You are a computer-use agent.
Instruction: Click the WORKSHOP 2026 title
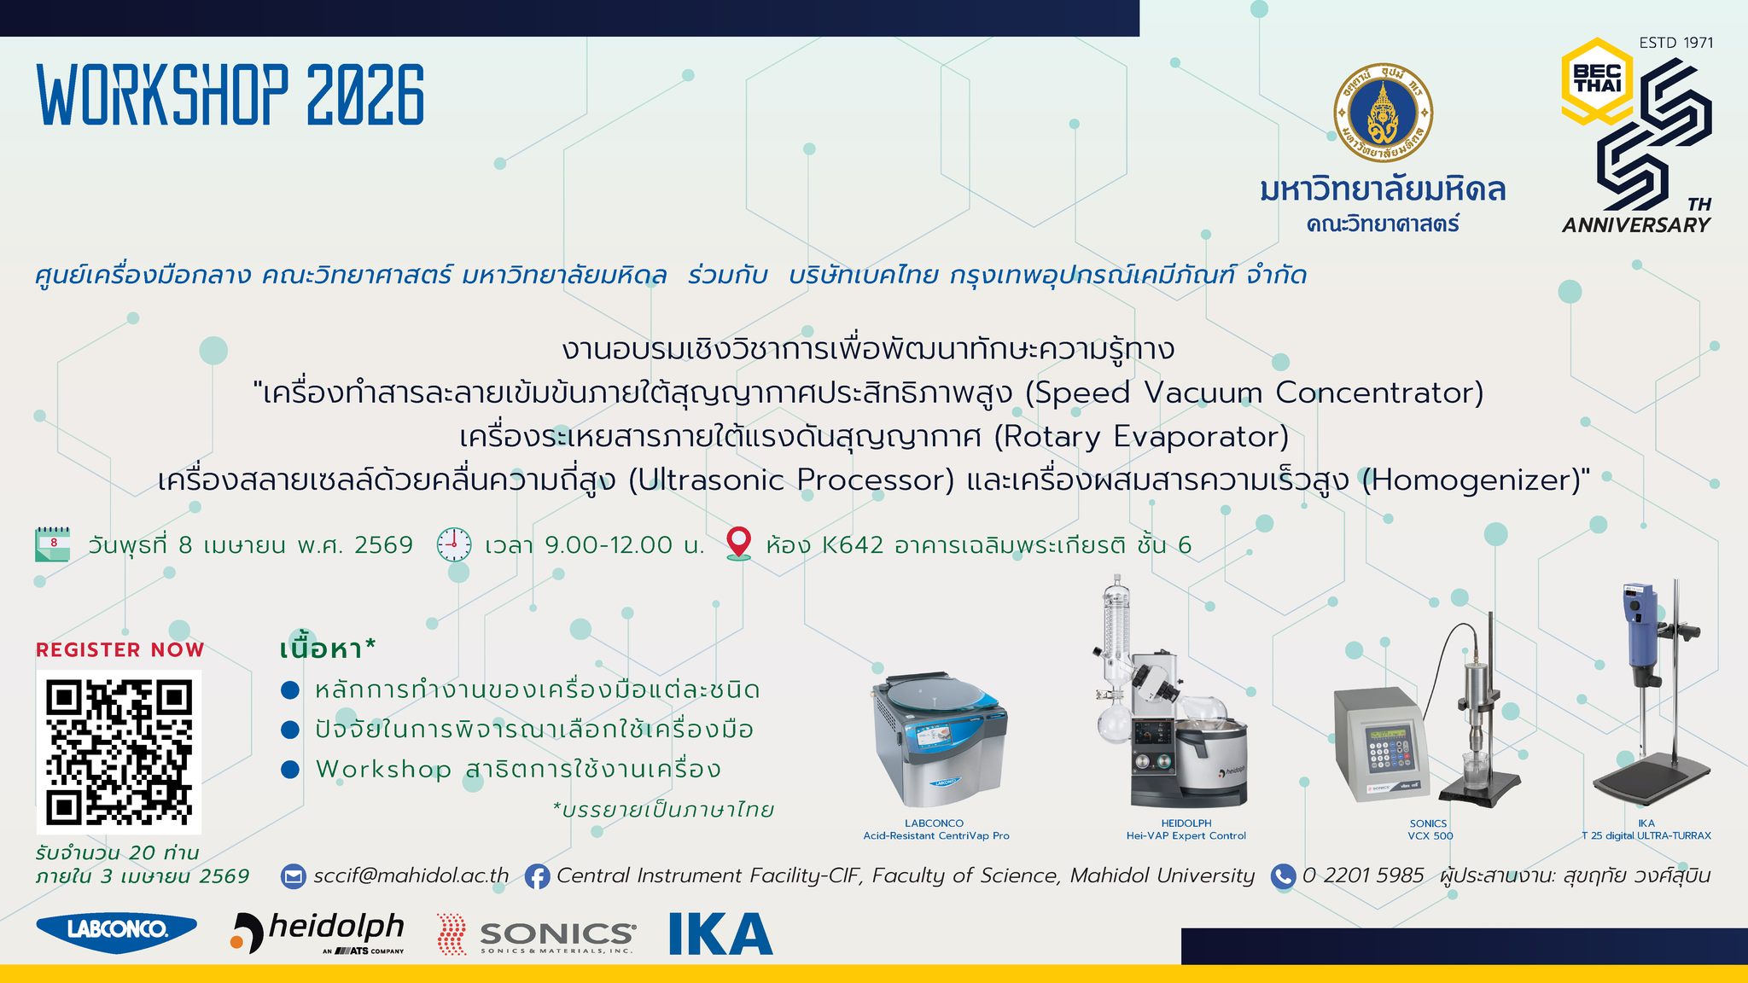pyautogui.click(x=230, y=96)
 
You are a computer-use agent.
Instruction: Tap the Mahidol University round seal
pyautogui.click(x=1383, y=113)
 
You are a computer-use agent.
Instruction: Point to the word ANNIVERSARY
pyautogui.click(x=1636, y=225)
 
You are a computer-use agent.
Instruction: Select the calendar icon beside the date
pyautogui.click(x=53, y=544)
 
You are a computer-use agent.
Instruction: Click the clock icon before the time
pyautogui.click(x=454, y=544)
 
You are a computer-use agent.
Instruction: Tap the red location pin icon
pyautogui.click(x=738, y=544)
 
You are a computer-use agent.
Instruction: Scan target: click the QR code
pyautogui.click(x=119, y=752)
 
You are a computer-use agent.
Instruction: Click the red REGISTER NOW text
pyautogui.click(x=119, y=650)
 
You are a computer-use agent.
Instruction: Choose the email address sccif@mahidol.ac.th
pyautogui.click(x=411, y=876)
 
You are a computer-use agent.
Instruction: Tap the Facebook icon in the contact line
pyautogui.click(x=537, y=877)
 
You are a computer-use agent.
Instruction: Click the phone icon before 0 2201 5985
pyautogui.click(x=1283, y=876)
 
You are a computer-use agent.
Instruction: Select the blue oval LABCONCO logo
pyautogui.click(x=117, y=931)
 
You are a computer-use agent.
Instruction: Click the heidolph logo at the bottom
pyautogui.click(x=318, y=932)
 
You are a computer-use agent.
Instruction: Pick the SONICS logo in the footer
pyautogui.click(x=536, y=934)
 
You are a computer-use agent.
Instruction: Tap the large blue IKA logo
pyautogui.click(x=721, y=934)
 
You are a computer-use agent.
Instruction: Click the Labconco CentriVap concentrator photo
pyautogui.click(x=937, y=739)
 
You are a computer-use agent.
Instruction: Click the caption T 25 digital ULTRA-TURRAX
pyautogui.click(x=1646, y=836)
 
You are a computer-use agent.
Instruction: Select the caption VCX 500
pyautogui.click(x=1430, y=836)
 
